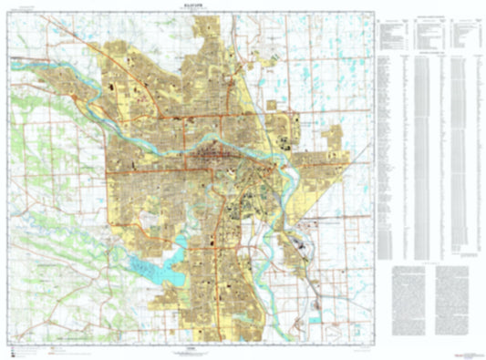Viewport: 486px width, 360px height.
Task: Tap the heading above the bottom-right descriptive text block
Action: (434, 261)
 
